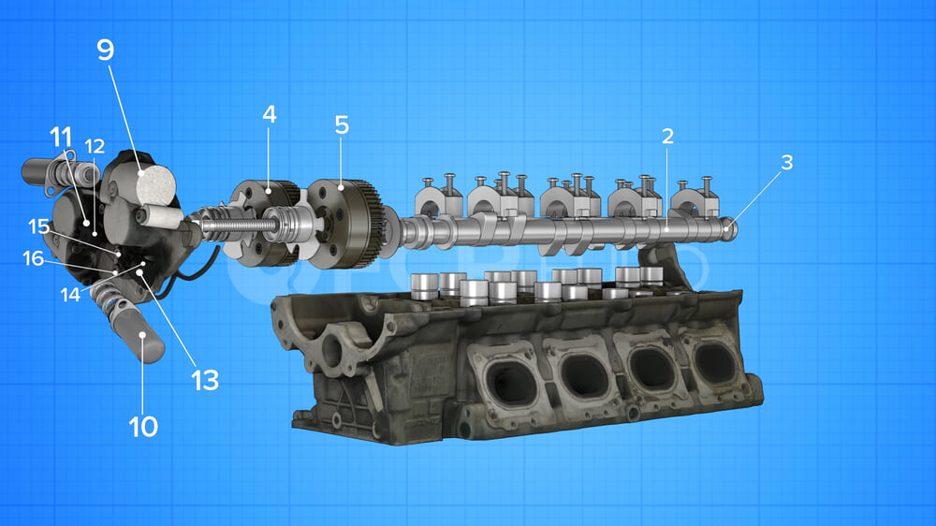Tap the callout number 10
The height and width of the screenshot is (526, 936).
pyautogui.click(x=142, y=427)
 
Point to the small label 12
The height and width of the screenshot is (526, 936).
pyautogui.click(x=95, y=146)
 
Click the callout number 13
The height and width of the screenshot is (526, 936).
pyautogui.click(x=205, y=379)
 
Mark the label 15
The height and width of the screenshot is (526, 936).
pyautogui.click(x=37, y=226)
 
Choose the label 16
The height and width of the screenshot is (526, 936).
pyautogui.click(x=34, y=258)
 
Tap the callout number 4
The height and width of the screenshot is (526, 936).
pyautogui.click(x=270, y=114)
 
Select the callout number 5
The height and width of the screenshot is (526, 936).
pyautogui.click(x=341, y=124)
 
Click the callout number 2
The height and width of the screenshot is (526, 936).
pyautogui.click(x=667, y=136)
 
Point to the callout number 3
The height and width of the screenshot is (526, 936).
pyautogui.click(x=786, y=162)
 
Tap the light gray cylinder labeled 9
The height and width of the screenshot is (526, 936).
pyautogui.click(x=155, y=186)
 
